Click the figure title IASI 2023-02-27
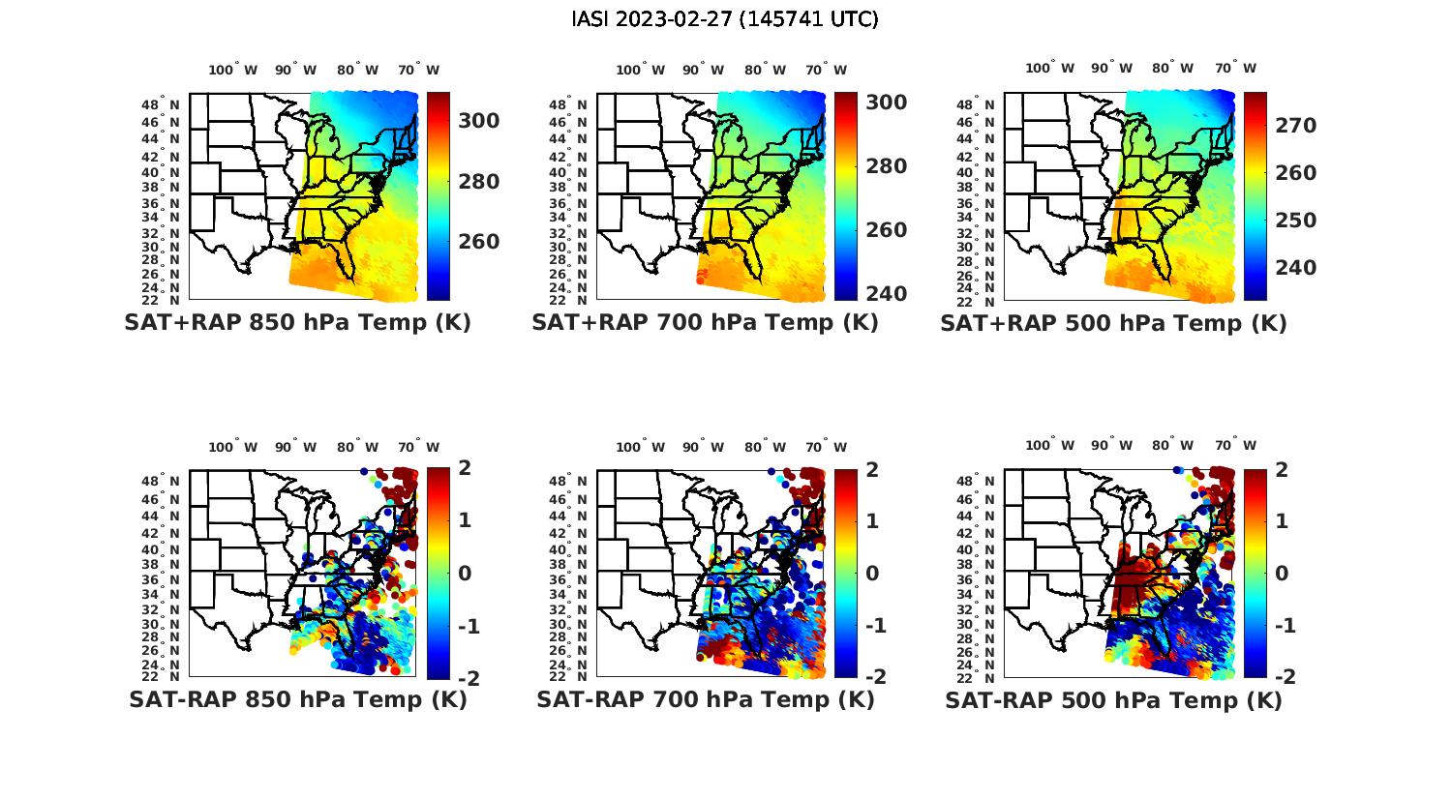[x=725, y=19]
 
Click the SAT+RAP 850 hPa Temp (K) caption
[x=297, y=322]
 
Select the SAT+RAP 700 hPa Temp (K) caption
[x=705, y=322]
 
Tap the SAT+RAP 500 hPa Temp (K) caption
[x=1113, y=323]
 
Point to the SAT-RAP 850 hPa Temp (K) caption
[x=297, y=699]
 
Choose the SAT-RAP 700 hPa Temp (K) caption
[x=705, y=699]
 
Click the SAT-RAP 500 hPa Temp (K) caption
[x=1113, y=700]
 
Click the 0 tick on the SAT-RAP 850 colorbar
[x=464, y=573]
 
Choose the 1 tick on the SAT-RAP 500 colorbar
[x=1281, y=519]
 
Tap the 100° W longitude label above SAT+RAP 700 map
[x=640, y=70]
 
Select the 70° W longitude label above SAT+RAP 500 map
[x=1235, y=68]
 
